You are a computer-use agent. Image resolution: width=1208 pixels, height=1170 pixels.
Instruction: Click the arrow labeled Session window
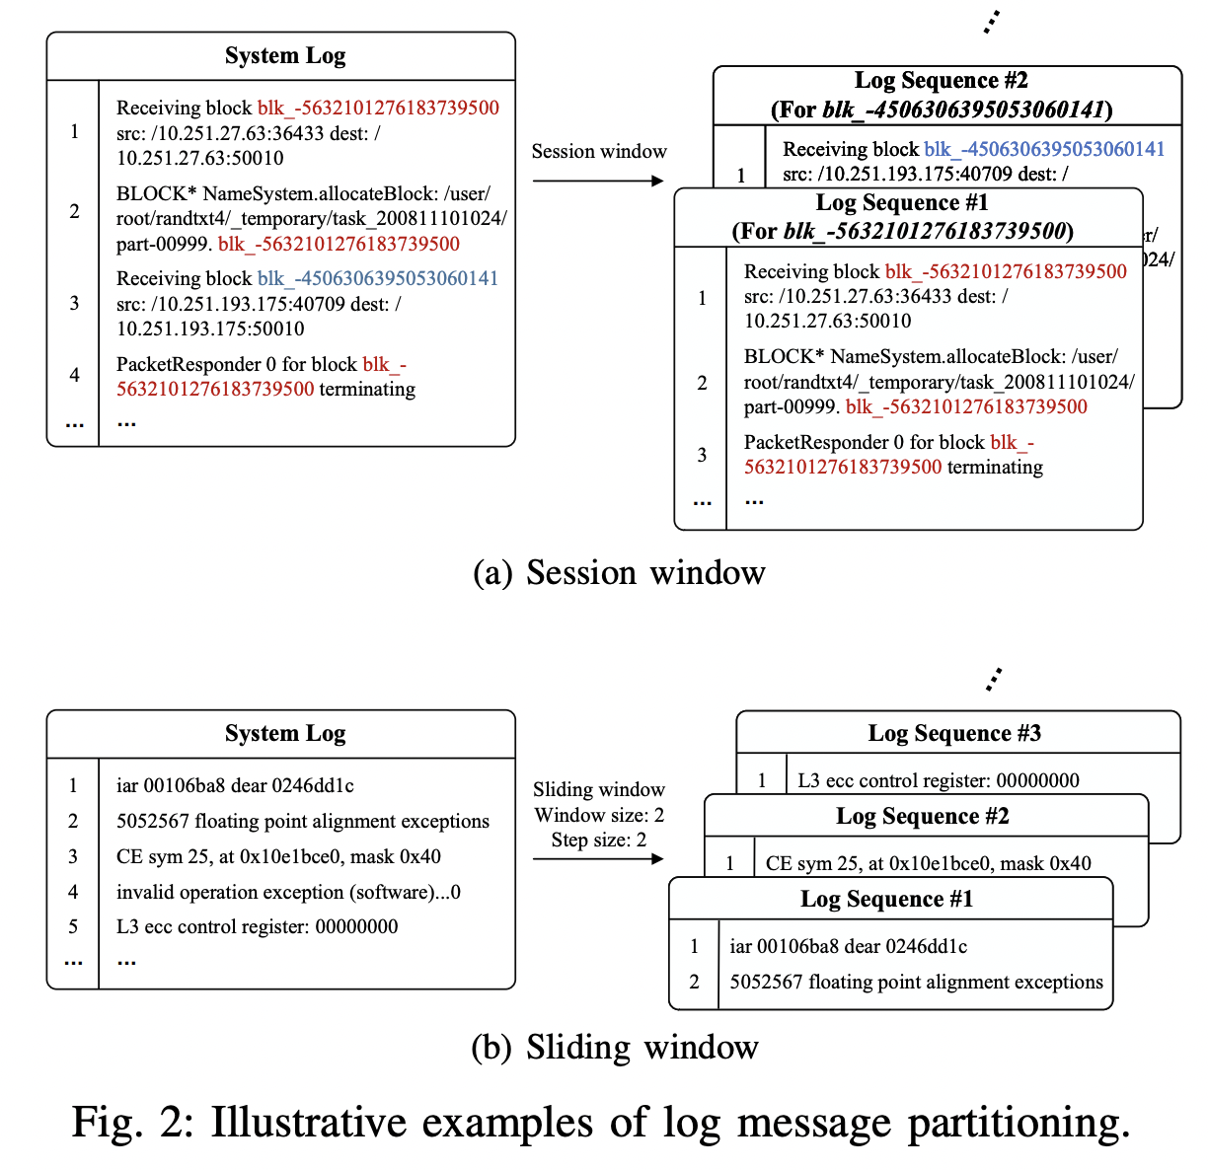tap(598, 181)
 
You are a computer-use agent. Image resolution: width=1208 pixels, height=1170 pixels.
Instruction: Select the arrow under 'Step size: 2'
tap(598, 859)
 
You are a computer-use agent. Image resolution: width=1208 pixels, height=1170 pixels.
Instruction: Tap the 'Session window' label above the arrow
tap(599, 151)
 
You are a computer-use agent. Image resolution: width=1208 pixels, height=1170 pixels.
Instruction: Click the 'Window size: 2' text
tap(599, 815)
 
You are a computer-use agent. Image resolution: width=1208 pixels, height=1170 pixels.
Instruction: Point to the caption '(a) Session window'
tap(619, 572)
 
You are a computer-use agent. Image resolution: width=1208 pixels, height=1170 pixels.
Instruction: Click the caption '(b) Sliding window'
tap(615, 1047)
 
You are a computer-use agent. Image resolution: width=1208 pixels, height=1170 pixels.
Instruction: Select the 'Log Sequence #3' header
tap(954, 733)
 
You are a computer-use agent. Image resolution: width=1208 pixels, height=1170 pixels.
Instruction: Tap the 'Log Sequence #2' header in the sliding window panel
tap(922, 816)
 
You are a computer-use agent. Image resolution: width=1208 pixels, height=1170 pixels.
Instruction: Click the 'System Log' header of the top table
tap(285, 56)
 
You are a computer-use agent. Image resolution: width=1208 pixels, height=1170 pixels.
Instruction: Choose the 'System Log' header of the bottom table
tap(285, 733)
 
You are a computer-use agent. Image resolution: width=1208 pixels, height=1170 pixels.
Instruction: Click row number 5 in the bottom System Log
tap(73, 926)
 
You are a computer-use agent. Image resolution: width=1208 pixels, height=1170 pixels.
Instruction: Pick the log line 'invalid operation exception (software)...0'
tap(288, 892)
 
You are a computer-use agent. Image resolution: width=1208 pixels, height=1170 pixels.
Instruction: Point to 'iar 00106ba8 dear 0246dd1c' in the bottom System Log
tap(235, 785)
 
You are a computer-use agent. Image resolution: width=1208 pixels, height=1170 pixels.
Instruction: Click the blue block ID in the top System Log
tap(378, 278)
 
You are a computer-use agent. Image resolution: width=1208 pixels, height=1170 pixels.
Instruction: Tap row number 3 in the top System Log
tap(74, 303)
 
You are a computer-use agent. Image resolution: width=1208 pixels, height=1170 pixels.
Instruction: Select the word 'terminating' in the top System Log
tap(367, 389)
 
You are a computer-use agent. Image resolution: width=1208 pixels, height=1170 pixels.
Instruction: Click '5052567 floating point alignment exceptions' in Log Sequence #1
tap(916, 982)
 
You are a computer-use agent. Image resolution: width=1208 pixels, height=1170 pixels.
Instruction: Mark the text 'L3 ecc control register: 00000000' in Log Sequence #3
tap(938, 780)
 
